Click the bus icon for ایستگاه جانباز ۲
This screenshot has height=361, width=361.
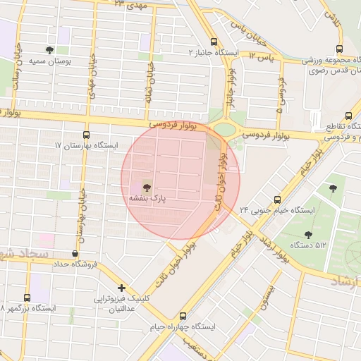(x=214, y=42)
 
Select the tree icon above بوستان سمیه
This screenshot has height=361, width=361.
(x=49, y=49)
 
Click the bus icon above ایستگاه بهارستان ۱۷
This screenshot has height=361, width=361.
(x=87, y=133)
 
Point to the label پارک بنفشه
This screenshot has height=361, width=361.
(x=147, y=200)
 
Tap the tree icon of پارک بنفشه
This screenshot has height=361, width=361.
(x=146, y=188)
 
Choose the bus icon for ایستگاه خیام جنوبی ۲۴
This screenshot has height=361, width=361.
(x=277, y=199)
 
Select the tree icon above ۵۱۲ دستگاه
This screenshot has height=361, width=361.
(x=307, y=234)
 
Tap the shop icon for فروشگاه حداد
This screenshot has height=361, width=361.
(x=75, y=253)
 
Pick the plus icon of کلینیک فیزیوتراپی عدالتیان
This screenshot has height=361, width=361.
(x=122, y=288)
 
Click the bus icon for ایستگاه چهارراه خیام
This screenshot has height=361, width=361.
(x=183, y=316)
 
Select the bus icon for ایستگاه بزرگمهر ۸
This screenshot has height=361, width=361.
(x=27, y=298)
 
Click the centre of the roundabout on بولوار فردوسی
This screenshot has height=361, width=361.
(x=226, y=129)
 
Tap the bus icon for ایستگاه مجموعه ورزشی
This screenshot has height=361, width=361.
(x=340, y=49)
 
